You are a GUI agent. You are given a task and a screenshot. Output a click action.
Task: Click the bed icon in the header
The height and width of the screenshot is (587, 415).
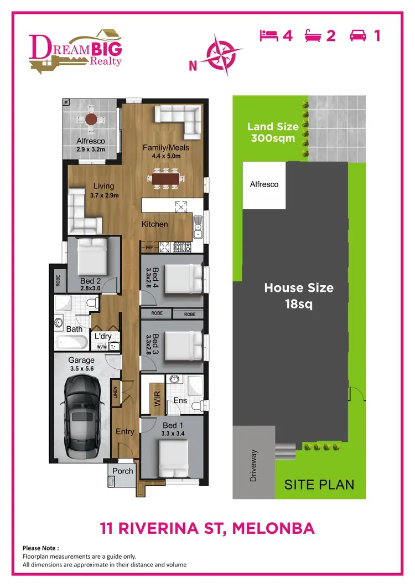(269, 36)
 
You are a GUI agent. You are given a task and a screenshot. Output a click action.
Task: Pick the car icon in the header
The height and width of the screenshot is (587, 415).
(358, 36)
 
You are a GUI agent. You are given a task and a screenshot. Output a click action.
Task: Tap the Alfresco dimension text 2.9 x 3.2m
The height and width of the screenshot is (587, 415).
(90, 150)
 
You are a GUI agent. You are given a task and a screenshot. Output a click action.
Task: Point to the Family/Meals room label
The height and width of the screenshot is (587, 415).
(166, 148)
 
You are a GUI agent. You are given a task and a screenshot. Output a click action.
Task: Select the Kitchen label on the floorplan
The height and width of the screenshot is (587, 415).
(154, 224)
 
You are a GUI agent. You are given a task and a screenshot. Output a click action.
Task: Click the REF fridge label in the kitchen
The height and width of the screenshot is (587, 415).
(149, 248)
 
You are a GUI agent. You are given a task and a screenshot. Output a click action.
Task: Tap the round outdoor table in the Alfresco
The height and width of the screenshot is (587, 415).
(91, 119)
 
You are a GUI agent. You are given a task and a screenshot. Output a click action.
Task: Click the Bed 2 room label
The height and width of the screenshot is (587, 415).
(90, 281)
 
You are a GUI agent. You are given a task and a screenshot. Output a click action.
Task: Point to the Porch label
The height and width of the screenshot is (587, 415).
(123, 471)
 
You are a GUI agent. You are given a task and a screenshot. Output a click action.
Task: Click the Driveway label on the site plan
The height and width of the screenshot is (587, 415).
(253, 465)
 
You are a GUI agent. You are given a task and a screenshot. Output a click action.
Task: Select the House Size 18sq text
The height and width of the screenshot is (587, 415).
(299, 296)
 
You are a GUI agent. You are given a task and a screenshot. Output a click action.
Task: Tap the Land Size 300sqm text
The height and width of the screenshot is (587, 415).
(272, 132)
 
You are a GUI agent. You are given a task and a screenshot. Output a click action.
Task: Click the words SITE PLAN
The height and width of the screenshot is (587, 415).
(319, 485)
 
